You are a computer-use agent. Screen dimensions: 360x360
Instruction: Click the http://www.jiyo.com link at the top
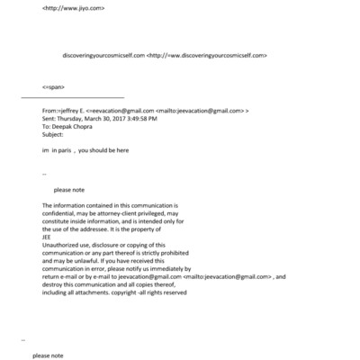(x=74, y=8)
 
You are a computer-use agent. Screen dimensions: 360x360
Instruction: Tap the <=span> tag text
(x=52, y=86)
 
